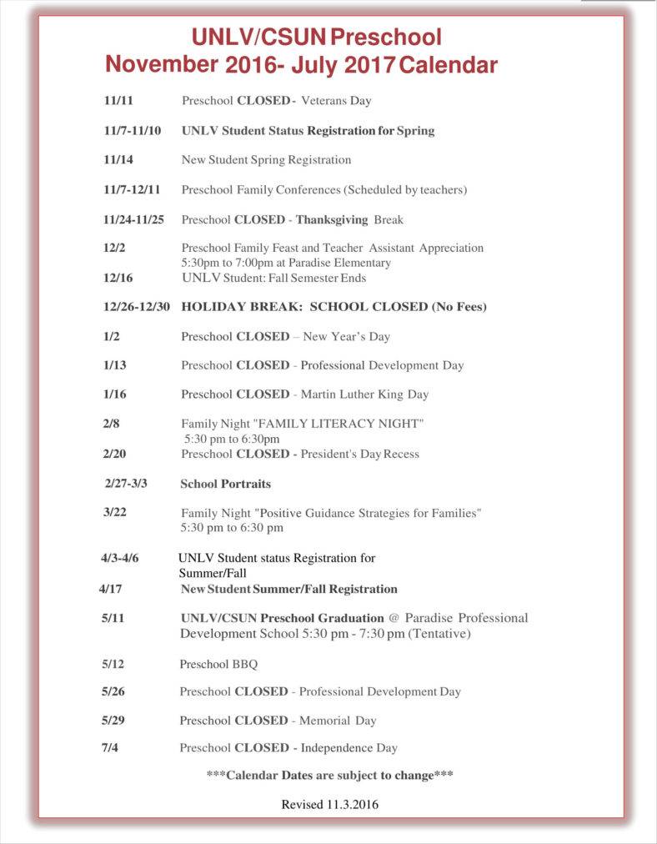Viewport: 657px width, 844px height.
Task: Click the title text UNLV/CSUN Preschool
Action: click(x=317, y=38)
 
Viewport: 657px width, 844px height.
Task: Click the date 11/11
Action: click(x=118, y=101)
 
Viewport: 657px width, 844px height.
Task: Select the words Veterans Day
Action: click(x=336, y=101)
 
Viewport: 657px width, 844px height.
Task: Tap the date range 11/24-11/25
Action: click(x=133, y=220)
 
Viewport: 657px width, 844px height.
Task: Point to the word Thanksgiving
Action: click(x=332, y=220)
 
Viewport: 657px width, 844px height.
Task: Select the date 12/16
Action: click(x=118, y=278)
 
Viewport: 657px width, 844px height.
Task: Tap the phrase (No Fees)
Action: click(x=459, y=307)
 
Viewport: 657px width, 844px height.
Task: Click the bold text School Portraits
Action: click(x=225, y=484)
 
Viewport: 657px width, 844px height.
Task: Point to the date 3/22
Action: click(x=115, y=512)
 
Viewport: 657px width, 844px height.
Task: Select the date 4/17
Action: click(x=111, y=589)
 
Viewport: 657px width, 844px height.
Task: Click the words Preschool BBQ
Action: click(x=218, y=665)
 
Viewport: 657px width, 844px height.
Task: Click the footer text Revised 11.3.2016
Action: click(x=329, y=805)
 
